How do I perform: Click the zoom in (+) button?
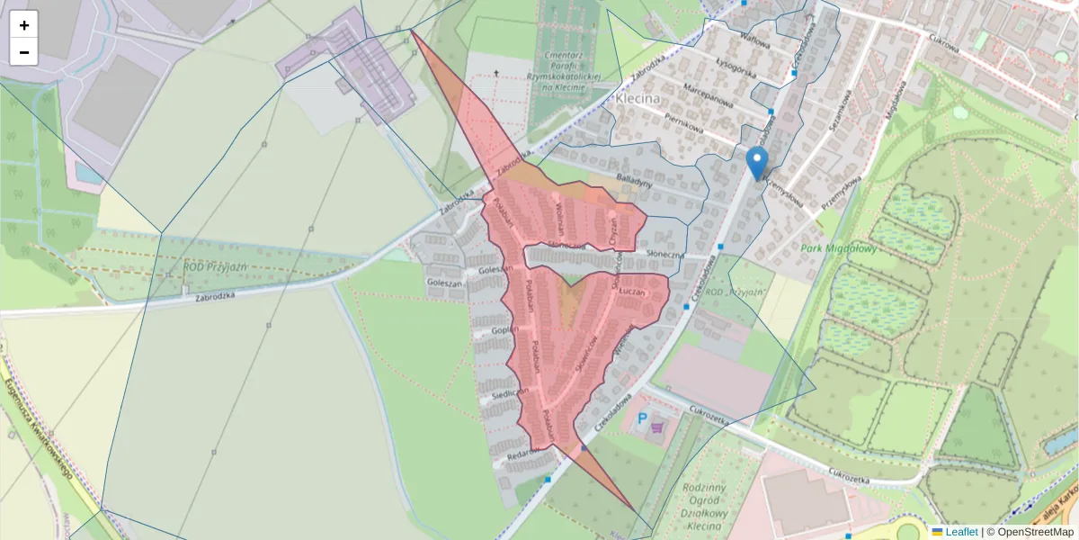click(x=24, y=25)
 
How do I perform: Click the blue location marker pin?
click(x=758, y=164)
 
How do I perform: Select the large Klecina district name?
click(x=638, y=98)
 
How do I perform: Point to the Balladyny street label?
click(x=633, y=183)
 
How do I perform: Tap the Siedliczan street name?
click(x=509, y=394)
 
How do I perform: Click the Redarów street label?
click(x=522, y=456)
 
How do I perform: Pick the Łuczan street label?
click(x=634, y=293)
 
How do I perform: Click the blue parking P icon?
click(x=642, y=418)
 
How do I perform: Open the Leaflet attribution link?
click(x=960, y=532)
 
